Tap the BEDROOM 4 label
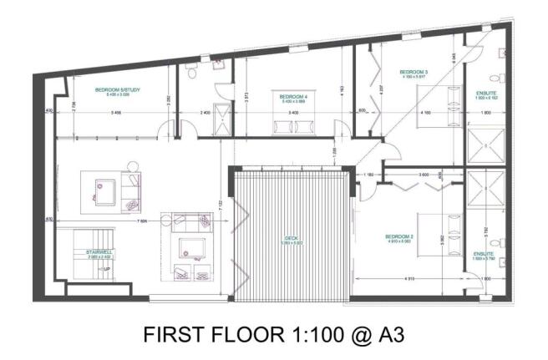click(x=293, y=97)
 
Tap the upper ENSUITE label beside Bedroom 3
click(x=485, y=94)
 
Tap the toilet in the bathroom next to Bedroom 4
click(x=192, y=74)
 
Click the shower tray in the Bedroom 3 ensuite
click(x=485, y=144)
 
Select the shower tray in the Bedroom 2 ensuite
click(x=485, y=189)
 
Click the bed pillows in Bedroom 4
click(x=289, y=126)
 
